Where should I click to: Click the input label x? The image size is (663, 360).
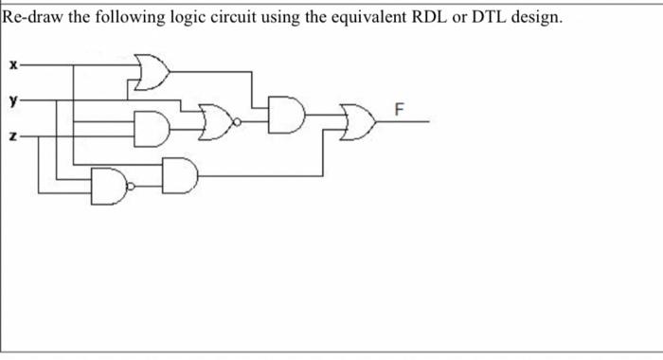pyautogui.click(x=11, y=66)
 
